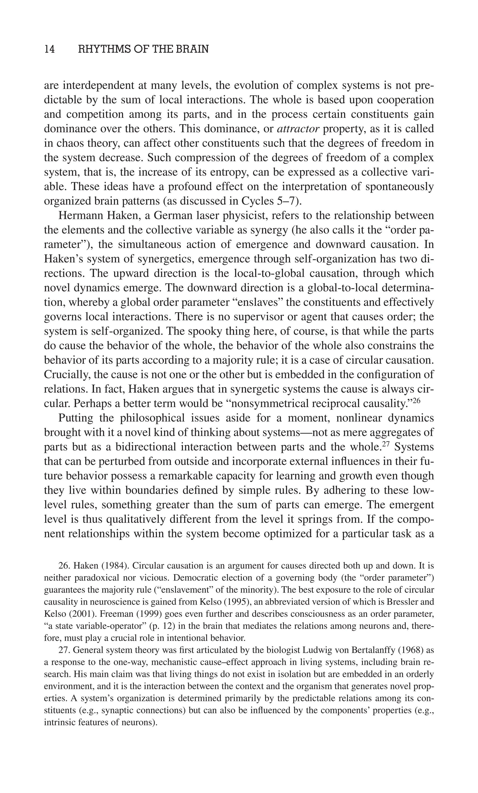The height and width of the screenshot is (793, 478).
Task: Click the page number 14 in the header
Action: click(x=49, y=49)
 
